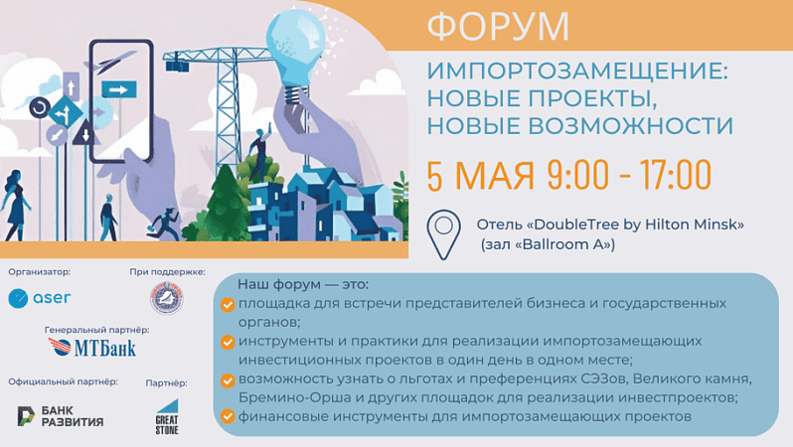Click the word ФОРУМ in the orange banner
pos(498,25)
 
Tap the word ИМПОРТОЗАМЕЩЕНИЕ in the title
pos(577,71)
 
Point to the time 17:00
pos(675,175)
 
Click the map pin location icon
pos(443,234)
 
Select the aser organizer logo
pos(40,298)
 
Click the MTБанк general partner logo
pos(92,348)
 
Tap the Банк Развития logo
pos(61,416)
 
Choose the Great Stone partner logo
pos(167,417)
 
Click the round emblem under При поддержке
pos(167,298)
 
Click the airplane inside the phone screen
pos(116,62)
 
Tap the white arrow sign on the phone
pos(119,90)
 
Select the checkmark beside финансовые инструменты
pos(228,416)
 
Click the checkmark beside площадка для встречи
pos(228,304)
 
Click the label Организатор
pos(40,272)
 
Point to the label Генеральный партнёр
pos(96,330)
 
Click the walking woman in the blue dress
pos(15,206)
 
